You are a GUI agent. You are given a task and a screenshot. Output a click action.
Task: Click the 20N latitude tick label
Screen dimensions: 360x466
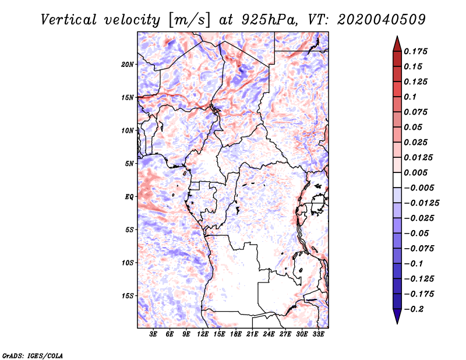tap(128, 64)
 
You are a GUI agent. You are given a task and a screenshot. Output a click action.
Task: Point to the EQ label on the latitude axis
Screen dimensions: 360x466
tap(129, 196)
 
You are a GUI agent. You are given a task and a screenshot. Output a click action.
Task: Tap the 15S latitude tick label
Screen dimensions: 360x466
tap(128, 296)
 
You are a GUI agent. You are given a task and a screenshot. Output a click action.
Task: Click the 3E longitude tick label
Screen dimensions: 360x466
tap(153, 334)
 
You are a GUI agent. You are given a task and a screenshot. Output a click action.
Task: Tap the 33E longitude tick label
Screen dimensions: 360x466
tap(319, 334)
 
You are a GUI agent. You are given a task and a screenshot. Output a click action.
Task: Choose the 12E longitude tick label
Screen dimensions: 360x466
tap(203, 334)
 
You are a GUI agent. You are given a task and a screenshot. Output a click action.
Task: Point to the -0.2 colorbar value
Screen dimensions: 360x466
tap(416, 309)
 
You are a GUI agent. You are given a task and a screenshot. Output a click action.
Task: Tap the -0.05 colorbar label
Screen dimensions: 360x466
tap(419, 234)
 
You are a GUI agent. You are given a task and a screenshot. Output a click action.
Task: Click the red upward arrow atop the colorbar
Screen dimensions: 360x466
tap(397, 43)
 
